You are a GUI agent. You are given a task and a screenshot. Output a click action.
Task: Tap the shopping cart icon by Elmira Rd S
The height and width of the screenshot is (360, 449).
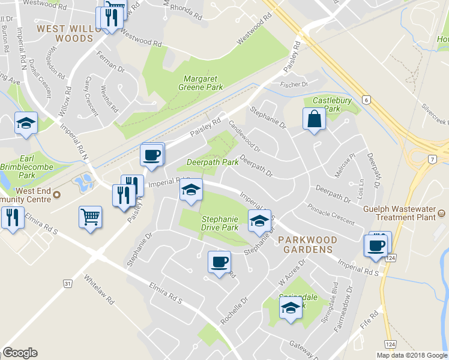90,217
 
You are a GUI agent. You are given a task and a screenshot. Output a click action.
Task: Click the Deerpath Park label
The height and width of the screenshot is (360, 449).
208,162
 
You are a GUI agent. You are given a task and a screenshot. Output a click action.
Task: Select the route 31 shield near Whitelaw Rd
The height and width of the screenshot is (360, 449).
68,283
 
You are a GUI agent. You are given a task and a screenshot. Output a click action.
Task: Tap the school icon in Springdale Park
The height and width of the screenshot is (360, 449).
291,308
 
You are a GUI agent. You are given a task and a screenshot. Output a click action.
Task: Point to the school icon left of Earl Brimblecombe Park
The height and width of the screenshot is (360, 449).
26,123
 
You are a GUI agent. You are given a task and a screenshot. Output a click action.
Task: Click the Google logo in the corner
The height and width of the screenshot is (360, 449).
20,353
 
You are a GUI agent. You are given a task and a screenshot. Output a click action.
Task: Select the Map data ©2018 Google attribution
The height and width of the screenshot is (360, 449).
411,355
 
